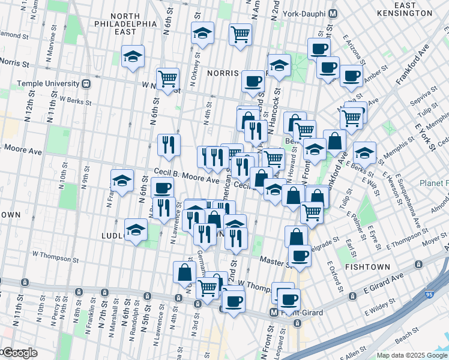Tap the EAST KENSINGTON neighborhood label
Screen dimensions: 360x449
click(x=406, y=8)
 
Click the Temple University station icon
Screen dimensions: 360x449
click(x=86, y=83)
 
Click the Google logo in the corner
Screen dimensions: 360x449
click(x=19, y=353)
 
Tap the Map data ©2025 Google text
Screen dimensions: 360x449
click(x=412, y=355)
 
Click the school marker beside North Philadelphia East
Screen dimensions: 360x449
click(x=133, y=58)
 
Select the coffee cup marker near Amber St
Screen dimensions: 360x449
click(x=351, y=76)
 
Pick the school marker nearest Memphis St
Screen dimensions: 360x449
click(x=364, y=153)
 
